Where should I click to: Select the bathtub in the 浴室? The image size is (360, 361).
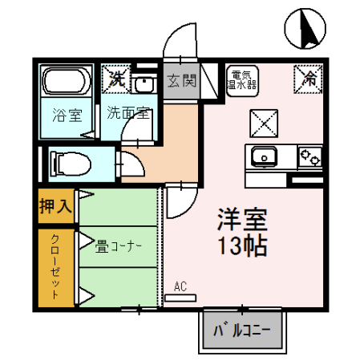[68, 83]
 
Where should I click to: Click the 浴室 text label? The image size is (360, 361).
[67, 114]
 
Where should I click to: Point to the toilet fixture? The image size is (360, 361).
[71, 163]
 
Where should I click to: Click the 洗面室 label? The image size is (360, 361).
[128, 112]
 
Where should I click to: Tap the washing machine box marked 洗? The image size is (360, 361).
[118, 79]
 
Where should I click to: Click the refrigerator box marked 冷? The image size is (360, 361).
[309, 77]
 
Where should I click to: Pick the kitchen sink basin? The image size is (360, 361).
[265, 156]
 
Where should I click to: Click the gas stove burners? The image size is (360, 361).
[309, 155]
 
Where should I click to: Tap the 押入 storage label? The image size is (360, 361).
[56, 205]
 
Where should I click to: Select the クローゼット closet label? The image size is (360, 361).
[55, 267]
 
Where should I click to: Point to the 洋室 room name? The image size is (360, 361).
[241, 219]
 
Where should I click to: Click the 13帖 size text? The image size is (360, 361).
[241, 245]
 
